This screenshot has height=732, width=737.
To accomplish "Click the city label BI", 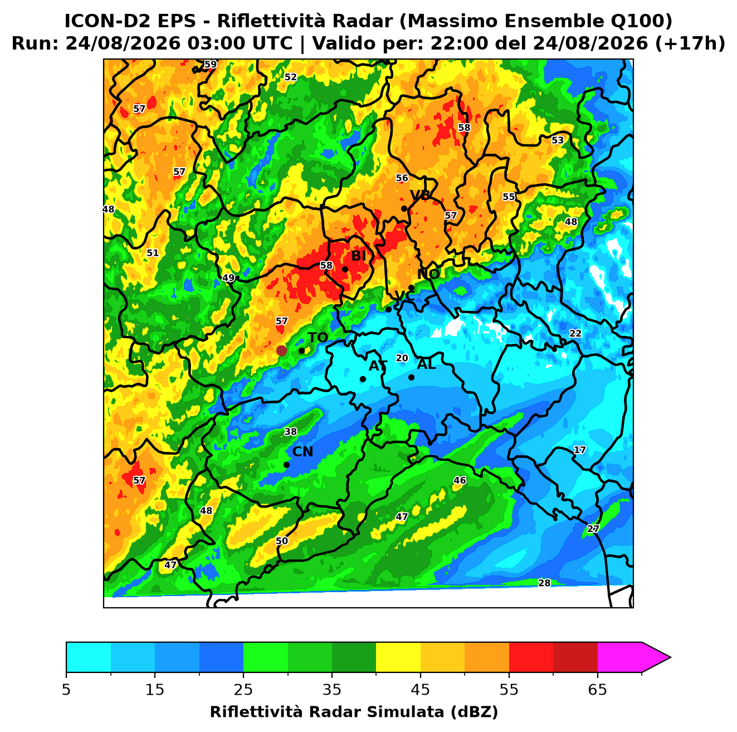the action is coord(358,256).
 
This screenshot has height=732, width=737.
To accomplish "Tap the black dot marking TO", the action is coord(301,350).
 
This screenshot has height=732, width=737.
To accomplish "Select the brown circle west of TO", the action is coord(281,350).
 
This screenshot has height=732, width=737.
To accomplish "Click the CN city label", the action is coord(302,452).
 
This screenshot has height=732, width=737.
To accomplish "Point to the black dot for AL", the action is coord(411,377).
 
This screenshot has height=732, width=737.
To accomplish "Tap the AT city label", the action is coord(378,366).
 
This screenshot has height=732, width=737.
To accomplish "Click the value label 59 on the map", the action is coord(210,64).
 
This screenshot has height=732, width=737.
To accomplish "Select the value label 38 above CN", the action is coord(291,432).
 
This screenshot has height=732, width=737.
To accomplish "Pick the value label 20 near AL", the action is coord(402,358).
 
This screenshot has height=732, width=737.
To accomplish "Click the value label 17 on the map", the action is coord(579,450).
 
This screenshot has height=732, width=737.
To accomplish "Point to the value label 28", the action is coord(544,583).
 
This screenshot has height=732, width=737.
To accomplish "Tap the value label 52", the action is coord(291,77).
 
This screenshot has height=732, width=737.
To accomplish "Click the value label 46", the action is coord(460,480).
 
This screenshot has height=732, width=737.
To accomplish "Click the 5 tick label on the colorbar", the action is coord(66,690).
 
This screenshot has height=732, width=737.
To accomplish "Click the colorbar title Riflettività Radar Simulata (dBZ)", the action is coord(354,712).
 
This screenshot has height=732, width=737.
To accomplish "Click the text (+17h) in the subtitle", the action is coord(690,43).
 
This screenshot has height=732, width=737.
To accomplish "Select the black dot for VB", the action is coord(404,208).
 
